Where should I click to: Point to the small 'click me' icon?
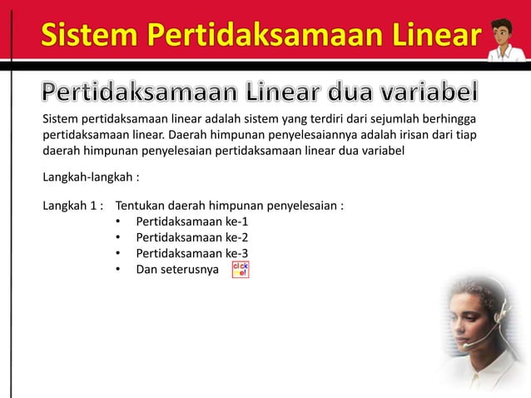point(240,270)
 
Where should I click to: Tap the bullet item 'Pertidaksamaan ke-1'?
point(191,221)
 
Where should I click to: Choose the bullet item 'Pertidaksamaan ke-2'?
point(191,237)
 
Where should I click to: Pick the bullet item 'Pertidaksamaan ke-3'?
point(191,253)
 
